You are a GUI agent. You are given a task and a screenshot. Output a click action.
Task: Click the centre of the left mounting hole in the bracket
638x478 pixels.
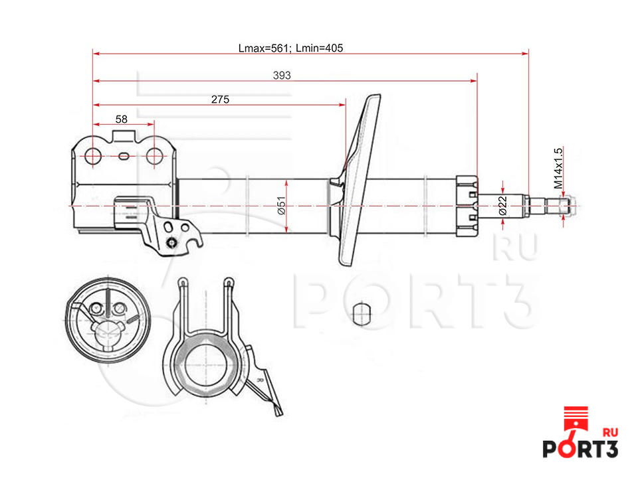pos(94,156)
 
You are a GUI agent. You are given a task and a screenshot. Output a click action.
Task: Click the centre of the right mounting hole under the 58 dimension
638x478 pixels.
pos(154,156)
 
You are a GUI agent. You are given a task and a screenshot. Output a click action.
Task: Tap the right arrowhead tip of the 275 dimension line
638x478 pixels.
pos(346,105)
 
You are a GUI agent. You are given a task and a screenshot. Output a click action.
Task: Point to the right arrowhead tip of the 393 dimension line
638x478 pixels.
pos(477,81)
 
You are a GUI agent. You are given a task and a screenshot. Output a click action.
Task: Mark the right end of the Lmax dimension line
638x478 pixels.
pos(528,53)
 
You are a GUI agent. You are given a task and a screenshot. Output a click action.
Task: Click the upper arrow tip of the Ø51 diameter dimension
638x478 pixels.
pos(286,180)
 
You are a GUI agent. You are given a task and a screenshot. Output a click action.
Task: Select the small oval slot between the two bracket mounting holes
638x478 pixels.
pos(124,156)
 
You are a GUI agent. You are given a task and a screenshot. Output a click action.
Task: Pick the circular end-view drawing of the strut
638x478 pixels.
pos(108,320)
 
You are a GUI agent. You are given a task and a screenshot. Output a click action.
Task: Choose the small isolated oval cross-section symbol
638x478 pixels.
pos(362,314)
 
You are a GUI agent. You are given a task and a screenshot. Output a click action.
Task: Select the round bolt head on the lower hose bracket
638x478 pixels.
pos(172,243)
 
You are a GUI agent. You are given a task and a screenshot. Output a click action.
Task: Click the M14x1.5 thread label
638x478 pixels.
pos(558,168)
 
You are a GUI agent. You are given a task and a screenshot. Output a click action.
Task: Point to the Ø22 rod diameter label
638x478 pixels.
pos(502,206)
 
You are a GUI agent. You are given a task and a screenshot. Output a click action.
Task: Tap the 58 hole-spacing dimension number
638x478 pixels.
pos(121,119)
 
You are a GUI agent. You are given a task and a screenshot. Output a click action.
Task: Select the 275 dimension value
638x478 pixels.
pos(220,99)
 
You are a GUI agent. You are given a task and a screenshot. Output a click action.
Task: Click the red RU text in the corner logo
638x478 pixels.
pos(609,432)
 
